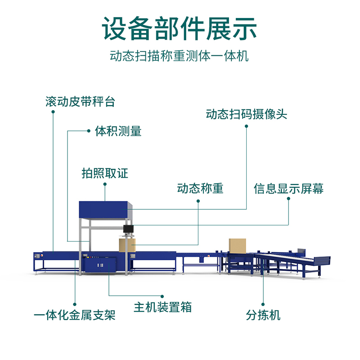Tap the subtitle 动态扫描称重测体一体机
pos(180,57)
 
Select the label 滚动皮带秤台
pos(80,102)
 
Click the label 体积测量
pos(118,131)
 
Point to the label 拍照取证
pos(105,173)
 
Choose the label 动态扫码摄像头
pos(246,114)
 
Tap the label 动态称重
pos(200,188)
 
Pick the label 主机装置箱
pos(162,307)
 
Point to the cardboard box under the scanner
pos(127,245)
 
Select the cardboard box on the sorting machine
pos(237,246)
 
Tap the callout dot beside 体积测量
pos(89,131)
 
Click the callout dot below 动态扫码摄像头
pos(246,126)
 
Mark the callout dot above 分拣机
pos(263,302)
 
